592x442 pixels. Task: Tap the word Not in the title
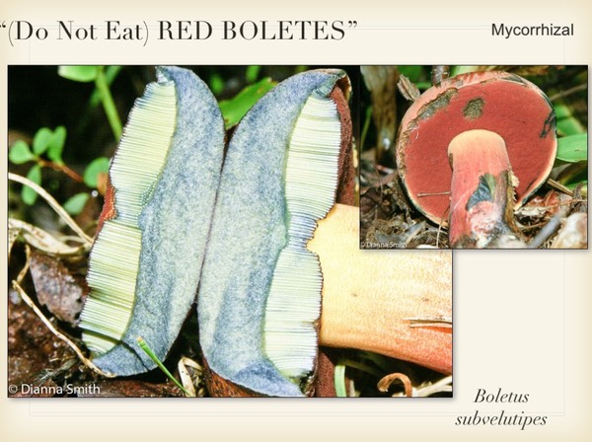[x=76, y=31]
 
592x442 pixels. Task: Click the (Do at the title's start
[x=29, y=31]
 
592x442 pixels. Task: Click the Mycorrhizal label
[x=532, y=31]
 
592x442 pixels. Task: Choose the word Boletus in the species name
[x=501, y=397]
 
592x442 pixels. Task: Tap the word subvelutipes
[x=501, y=419]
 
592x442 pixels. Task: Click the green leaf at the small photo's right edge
[x=572, y=148]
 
